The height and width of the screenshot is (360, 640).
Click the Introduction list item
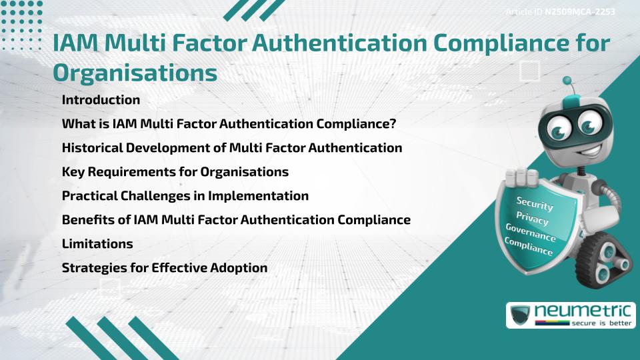pos(101,100)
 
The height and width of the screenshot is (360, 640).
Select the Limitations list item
pos(97,244)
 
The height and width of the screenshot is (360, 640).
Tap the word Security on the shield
pos(535,203)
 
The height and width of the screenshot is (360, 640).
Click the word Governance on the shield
pos(531,233)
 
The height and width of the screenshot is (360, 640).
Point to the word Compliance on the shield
pos(529,247)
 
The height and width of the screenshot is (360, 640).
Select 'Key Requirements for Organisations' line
pos(175,172)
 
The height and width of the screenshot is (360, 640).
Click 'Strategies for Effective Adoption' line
pos(165,268)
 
